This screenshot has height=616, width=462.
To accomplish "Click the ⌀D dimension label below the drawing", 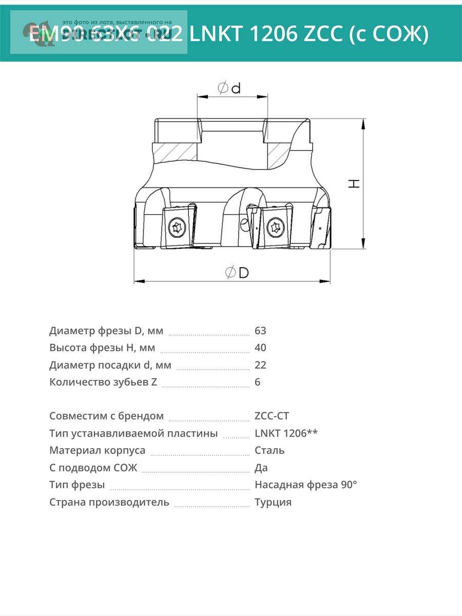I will (237, 273).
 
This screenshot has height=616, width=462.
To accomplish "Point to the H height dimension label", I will (354, 183).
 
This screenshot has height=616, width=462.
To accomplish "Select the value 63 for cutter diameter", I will (260, 331).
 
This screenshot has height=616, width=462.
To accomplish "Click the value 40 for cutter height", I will (260, 348).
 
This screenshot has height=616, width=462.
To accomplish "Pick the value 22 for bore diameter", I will (260, 365).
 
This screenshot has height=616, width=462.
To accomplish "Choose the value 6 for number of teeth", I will (257, 382).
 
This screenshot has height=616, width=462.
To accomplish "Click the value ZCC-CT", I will (272, 416).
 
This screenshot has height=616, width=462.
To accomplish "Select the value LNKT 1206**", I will (286, 433).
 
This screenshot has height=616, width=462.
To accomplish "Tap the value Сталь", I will (269, 450).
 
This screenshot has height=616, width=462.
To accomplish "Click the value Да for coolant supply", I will (261, 468).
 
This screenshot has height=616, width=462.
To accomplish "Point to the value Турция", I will (273, 502).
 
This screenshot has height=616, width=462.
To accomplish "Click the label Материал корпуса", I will (97, 450).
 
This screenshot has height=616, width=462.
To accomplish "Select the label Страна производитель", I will (109, 502).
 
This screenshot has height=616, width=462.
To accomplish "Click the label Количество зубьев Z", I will (103, 382).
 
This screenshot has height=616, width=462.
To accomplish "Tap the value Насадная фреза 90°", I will (305, 485).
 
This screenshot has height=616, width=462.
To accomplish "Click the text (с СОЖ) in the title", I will (388, 34).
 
